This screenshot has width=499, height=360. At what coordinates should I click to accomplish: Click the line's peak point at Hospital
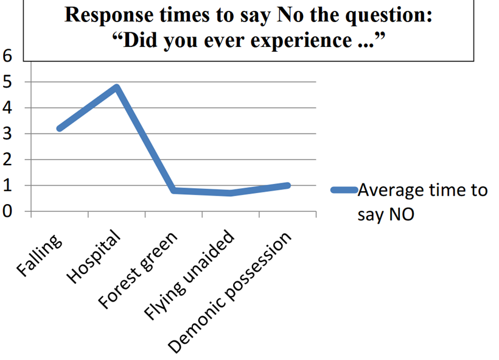[116, 87]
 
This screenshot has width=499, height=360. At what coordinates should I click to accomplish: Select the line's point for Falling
[60, 129]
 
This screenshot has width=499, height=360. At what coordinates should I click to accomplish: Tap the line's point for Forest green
[174, 191]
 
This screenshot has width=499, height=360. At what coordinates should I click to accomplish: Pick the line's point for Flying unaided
[231, 193]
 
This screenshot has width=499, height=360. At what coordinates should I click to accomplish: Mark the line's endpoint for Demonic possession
[287, 185]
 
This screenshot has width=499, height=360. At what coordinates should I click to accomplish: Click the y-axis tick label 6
[7, 56]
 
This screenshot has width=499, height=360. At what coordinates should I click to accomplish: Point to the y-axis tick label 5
[7, 82]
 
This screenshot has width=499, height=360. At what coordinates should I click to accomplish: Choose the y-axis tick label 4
[7, 108]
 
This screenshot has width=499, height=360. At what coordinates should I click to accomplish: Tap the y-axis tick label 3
[7, 134]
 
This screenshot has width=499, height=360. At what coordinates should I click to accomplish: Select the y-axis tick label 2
[7, 160]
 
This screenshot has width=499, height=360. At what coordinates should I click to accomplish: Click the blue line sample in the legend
[343, 189]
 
